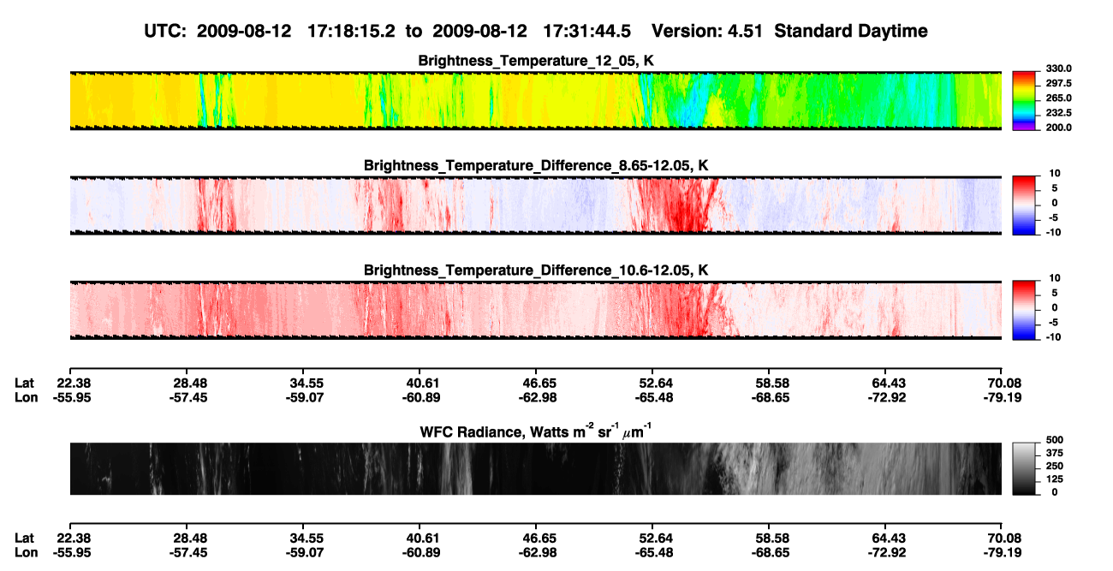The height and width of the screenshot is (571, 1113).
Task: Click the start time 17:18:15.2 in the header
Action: point(351,32)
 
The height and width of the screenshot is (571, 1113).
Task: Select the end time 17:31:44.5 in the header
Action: point(586,32)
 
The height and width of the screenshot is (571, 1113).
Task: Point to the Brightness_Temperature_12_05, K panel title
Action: point(536,61)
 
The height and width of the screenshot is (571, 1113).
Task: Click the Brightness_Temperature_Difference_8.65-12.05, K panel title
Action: point(536,165)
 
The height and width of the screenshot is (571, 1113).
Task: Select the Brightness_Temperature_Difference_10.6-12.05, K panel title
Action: point(536,271)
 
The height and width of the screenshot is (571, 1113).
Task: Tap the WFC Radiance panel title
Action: point(535,431)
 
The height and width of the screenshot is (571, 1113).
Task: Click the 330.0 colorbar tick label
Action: point(1058,68)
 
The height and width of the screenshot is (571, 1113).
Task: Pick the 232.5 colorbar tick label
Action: point(1058,113)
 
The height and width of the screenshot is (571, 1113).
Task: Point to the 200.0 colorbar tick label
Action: point(1058,128)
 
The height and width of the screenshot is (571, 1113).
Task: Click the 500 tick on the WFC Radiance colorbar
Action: point(1055,440)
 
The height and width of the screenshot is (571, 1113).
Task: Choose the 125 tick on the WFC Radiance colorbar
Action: point(1055,479)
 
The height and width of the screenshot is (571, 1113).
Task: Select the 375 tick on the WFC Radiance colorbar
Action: point(1055,453)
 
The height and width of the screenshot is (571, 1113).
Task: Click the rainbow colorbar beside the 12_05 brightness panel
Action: point(1024,101)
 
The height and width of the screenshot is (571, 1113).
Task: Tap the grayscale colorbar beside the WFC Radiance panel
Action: point(1024,468)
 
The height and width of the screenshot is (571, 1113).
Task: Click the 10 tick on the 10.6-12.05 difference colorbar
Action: point(1055,278)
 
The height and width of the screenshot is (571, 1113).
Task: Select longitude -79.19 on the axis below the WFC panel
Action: point(1003,553)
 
